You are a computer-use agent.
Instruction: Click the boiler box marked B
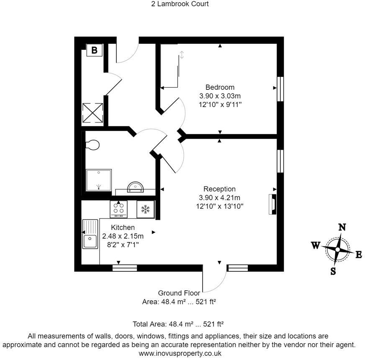point(95,50)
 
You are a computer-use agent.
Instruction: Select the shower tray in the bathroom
point(98,179)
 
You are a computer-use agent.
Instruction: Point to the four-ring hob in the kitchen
point(118,209)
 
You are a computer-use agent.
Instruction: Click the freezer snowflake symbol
point(146,209)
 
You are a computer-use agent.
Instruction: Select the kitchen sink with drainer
point(90,234)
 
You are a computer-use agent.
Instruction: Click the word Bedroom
point(220,87)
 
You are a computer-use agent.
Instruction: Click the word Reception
point(219,189)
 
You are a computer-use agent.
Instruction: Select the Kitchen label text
point(123,227)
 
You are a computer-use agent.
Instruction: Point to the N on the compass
point(342,227)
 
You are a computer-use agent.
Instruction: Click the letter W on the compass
point(316,245)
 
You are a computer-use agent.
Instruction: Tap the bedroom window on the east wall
point(281,88)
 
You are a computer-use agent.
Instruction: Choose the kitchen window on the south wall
point(124,268)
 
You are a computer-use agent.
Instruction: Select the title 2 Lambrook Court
point(180,4)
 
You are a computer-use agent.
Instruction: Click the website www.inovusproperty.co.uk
point(180,353)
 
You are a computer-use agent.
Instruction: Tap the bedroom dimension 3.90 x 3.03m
point(220,96)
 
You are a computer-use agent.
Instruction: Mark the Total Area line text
point(178,324)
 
